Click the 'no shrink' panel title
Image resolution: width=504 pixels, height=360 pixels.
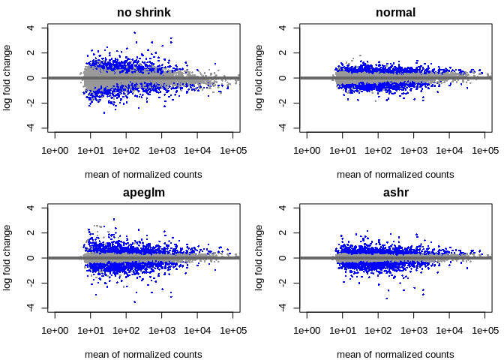coord(143,12)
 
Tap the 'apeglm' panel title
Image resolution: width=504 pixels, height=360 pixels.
coord(143,192)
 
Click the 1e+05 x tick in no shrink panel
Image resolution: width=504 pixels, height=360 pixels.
coord(233,151)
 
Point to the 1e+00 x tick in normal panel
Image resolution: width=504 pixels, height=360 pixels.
coord(307,151)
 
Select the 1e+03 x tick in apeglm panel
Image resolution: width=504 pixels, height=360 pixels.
coord(161,331)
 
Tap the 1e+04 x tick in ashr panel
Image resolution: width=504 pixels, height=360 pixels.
coord(449,331)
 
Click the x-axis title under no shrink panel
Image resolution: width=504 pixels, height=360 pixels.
coord(143,174)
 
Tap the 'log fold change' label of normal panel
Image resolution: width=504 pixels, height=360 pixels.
coord(259,78)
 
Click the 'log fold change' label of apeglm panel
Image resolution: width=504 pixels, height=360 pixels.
coord(7,258)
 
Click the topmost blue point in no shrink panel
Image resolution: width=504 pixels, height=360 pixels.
coord(135,32)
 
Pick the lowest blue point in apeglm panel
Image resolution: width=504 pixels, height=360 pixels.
coord(135,301)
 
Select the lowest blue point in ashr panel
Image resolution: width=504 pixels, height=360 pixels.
coord(387,298)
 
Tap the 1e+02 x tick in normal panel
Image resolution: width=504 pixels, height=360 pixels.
coord(378,151)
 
